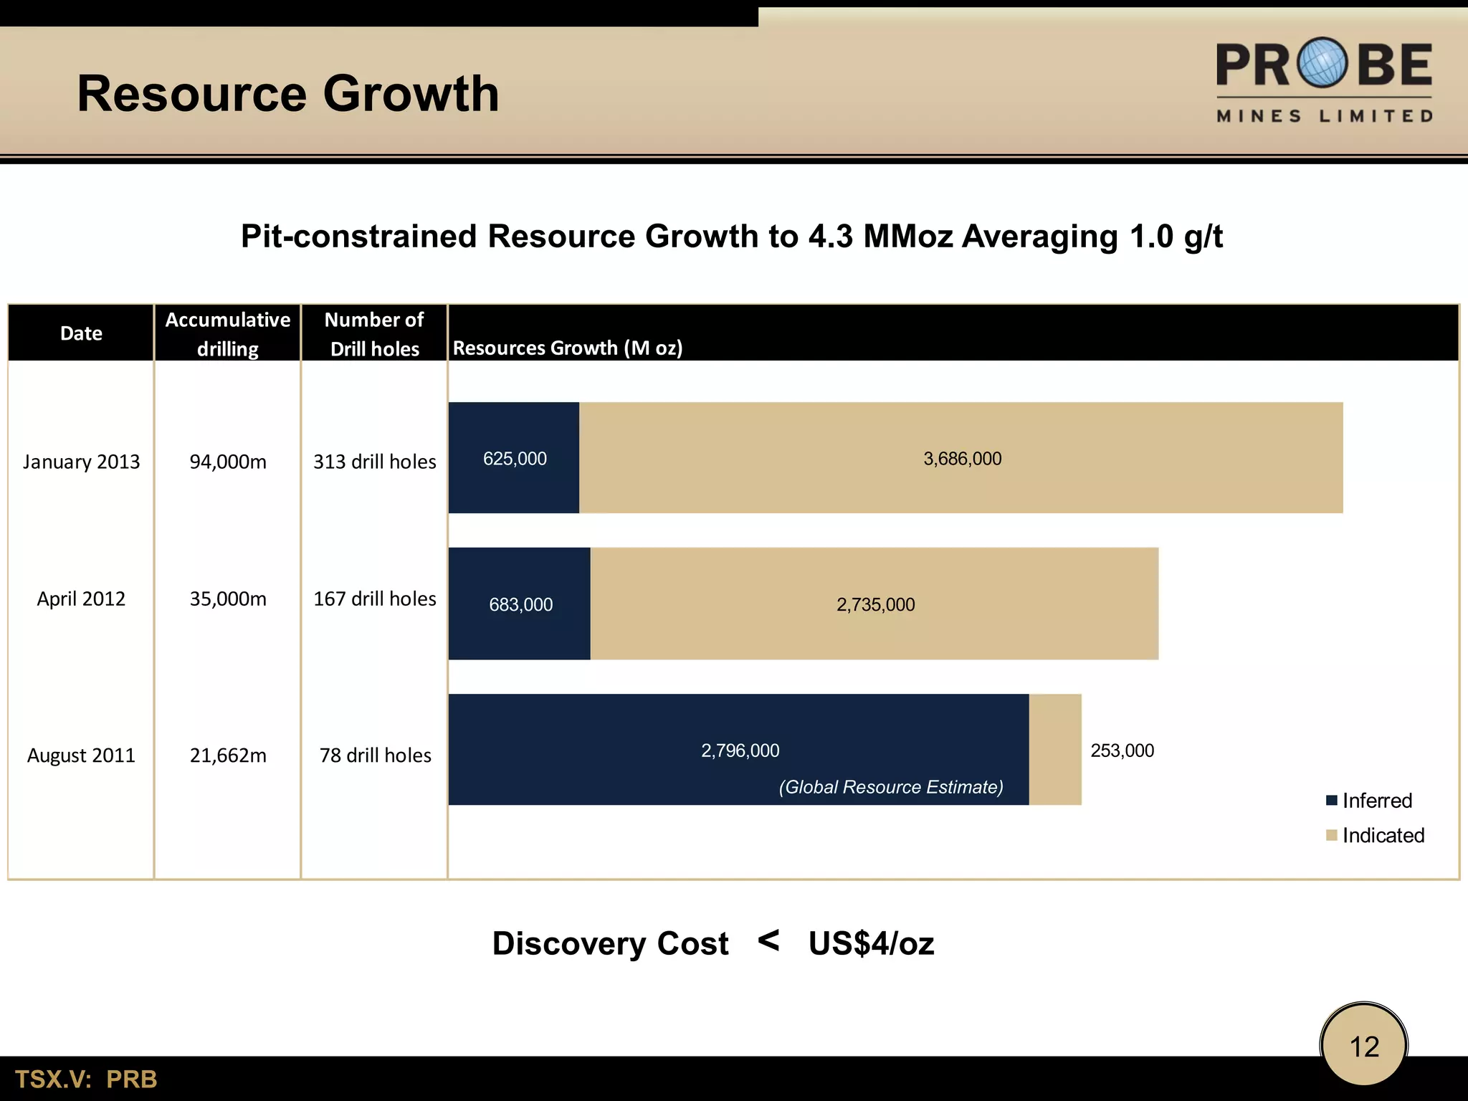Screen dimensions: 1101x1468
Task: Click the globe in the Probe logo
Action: [1324, 62]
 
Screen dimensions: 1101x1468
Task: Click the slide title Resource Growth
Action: [287, 94]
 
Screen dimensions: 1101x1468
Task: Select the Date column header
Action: [81, 333]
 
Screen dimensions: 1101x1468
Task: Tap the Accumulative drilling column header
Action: [228, 334]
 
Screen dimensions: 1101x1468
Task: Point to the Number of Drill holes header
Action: [374, 334]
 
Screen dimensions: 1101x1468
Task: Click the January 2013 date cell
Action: [81, 462]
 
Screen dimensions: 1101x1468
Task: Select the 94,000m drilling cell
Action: [228, 462]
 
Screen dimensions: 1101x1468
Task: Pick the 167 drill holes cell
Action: [374, 599]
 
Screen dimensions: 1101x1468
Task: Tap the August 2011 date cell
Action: [81, 756]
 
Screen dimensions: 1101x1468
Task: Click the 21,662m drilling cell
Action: [228, 756]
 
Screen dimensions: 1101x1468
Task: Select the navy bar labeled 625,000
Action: [514, 458]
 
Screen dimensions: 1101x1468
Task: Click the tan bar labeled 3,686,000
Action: [961, 458]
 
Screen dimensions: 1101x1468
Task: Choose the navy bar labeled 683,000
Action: [520, 604]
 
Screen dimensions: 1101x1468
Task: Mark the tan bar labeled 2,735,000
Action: [874, 604]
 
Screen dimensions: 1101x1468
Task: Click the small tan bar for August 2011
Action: [1055, 749]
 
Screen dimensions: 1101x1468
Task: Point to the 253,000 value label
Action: [1122, 750]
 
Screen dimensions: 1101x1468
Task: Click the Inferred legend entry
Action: [1369, 801]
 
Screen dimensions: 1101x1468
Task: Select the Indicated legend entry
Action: [1375, 835]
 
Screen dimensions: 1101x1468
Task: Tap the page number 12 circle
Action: [1364, 1047]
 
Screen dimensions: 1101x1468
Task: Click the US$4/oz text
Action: [871, 943]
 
